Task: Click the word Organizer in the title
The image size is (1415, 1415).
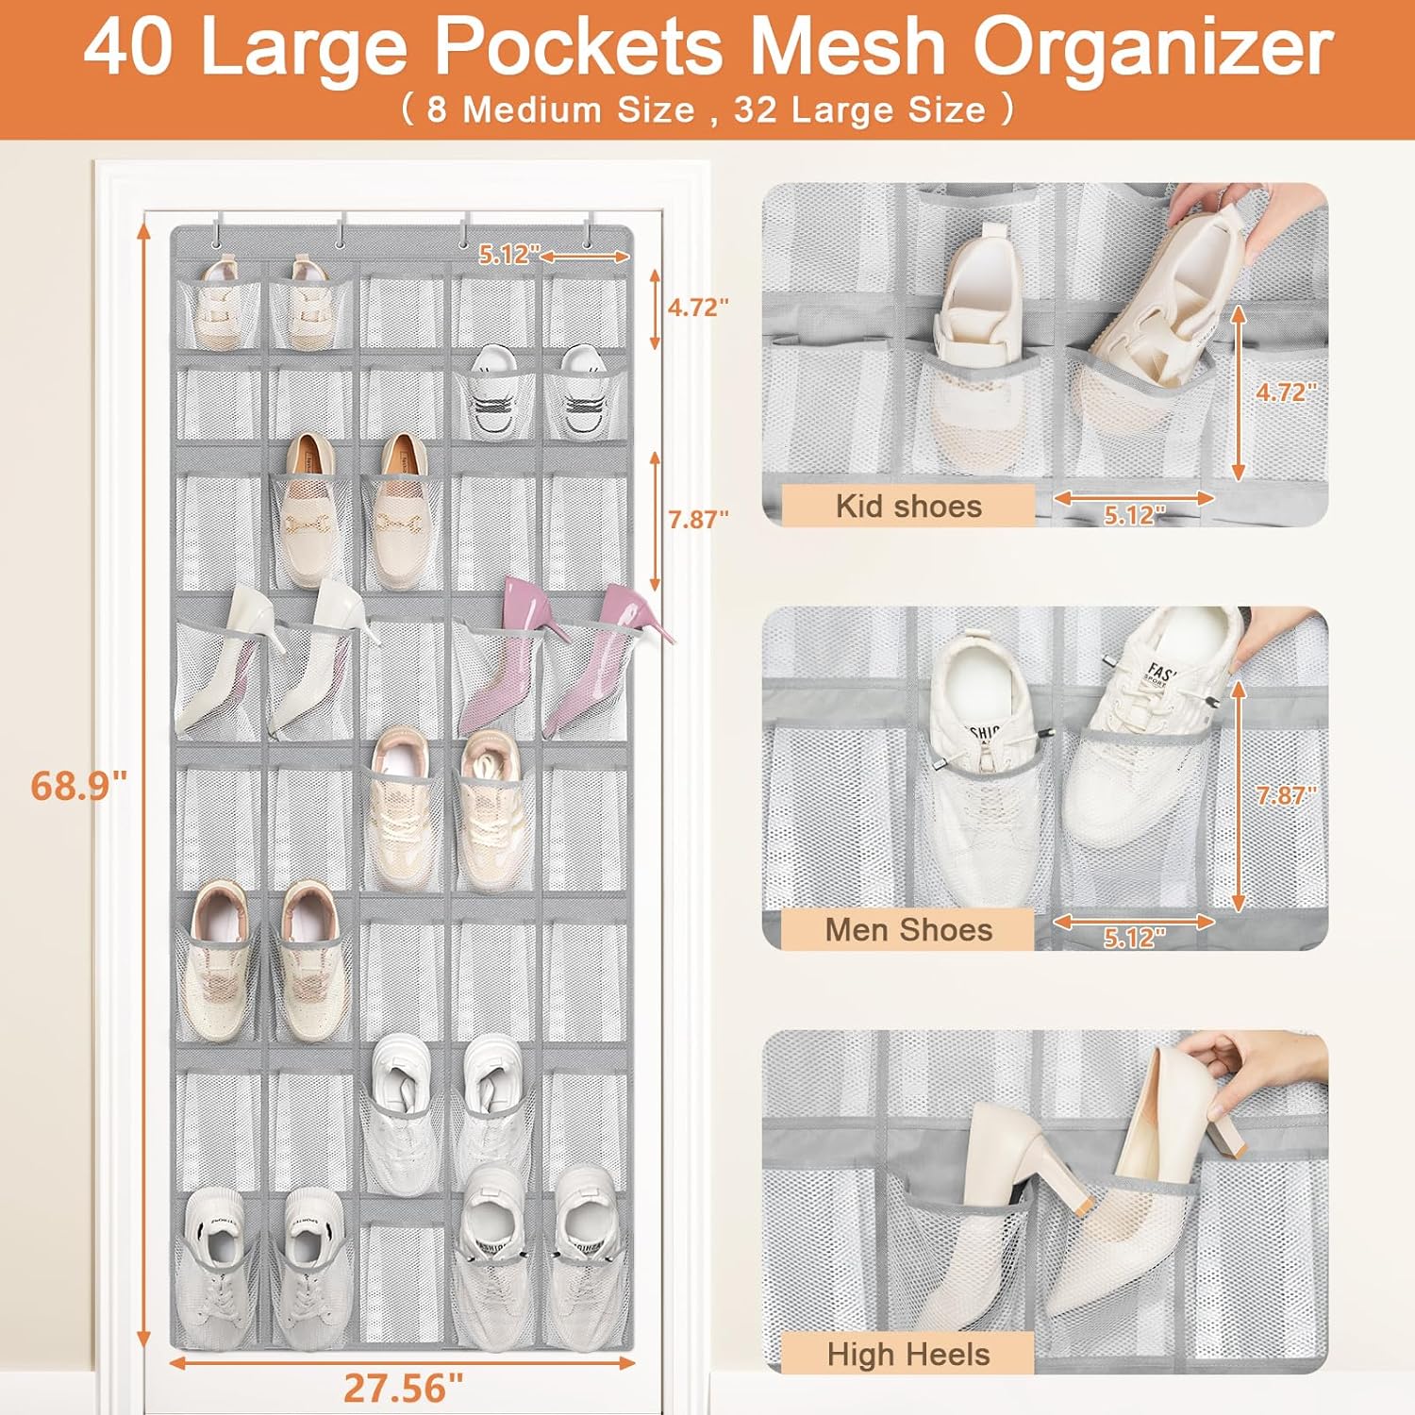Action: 1153,49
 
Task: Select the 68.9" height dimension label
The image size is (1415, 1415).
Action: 78,785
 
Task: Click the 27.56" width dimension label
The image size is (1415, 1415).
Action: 403,1388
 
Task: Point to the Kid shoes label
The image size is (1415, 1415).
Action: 908,506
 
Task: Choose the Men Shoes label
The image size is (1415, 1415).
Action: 908,929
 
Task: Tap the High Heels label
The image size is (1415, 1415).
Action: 908,1354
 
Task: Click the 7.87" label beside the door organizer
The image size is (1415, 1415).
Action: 698,519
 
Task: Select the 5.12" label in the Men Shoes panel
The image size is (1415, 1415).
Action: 1134,938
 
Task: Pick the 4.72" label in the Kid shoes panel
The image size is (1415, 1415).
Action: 1285,391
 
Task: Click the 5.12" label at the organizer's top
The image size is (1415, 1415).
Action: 509,254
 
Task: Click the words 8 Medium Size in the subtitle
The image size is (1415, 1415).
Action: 560,110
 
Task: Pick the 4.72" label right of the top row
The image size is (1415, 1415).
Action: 698,308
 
